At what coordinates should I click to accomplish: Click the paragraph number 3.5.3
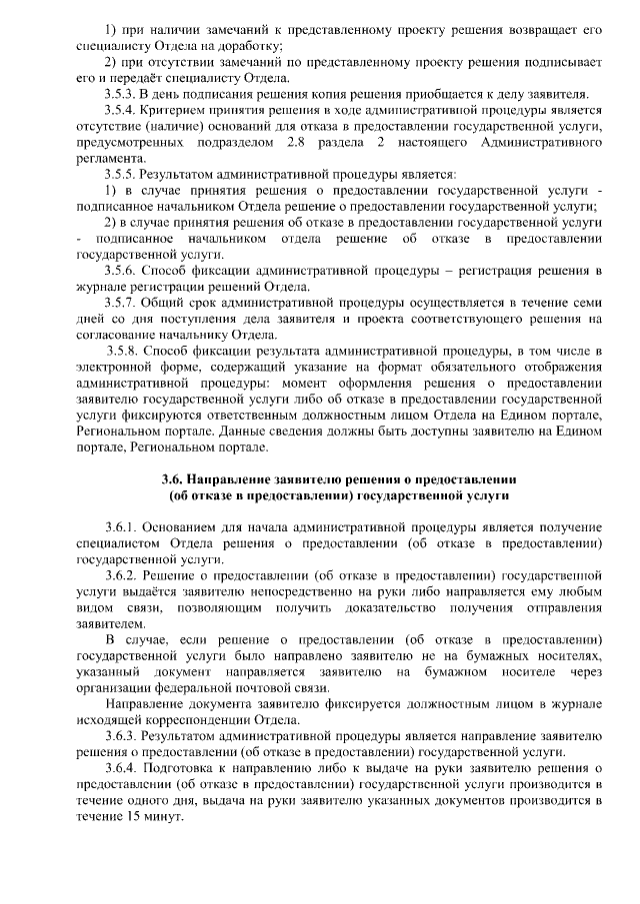click(122, 94)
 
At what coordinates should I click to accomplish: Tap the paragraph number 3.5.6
click(122, 271)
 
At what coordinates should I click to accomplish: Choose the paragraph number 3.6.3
click(122, 736)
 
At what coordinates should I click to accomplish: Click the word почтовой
click(270, 688)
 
